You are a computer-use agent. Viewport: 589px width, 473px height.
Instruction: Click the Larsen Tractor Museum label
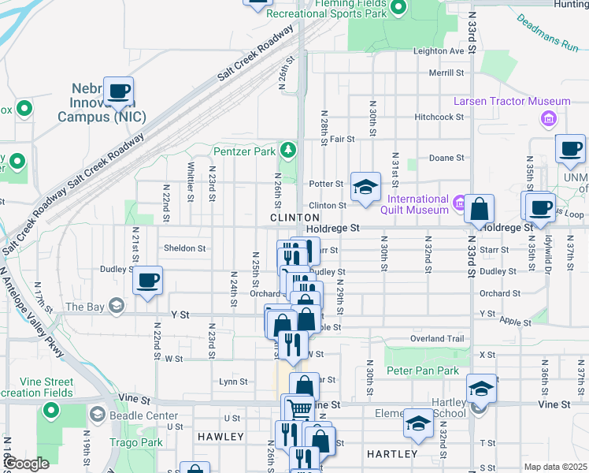tap(511, 102)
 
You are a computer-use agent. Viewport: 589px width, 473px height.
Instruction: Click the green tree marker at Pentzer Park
tap(290, 150)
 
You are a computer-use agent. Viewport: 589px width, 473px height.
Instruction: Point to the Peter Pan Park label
tap(422, 371)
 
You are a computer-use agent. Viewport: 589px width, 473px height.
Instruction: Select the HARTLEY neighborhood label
tap(391, 454)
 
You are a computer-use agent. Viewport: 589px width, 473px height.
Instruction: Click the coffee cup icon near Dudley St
tap(147, 280)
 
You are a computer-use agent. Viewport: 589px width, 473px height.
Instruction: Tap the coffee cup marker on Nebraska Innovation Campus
tap(118, 91)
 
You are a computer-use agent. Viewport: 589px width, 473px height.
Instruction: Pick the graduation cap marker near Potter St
tap(365, 188)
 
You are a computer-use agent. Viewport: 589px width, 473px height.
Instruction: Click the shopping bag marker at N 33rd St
tap(479, 210)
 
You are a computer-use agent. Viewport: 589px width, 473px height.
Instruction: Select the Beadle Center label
tap(133, 415)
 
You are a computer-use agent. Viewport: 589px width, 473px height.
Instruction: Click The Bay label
tap(85, 307)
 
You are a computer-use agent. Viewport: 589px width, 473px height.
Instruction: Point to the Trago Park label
tap(135, 442)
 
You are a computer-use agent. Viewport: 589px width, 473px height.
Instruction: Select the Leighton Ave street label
tap(439, 51)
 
